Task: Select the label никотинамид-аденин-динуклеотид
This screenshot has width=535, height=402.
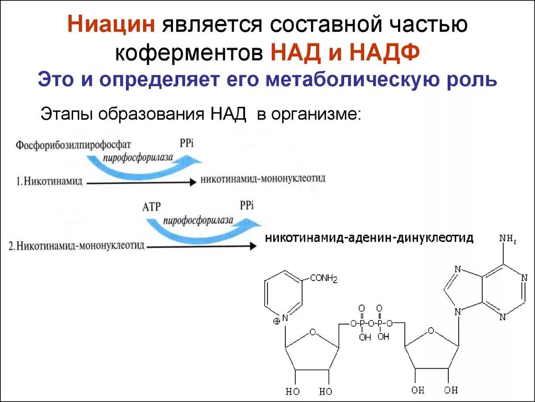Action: pos(370,238)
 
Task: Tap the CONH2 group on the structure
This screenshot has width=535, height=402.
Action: pos(324,278)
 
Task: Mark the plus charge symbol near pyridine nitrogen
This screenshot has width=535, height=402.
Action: pos(276,322)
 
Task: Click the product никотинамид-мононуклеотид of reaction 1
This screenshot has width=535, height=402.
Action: pos(263,179)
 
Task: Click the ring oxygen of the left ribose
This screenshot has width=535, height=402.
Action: pos(312,331)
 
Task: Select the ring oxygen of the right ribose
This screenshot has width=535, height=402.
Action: pos(431,331)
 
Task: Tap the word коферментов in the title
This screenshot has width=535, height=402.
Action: pos(189,52)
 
